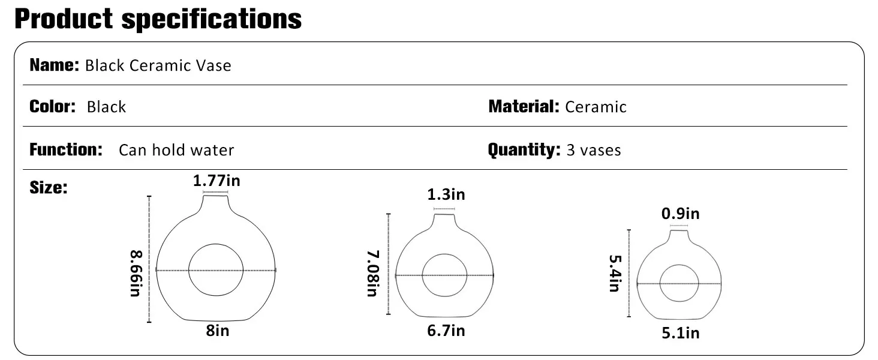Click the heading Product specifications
[x=158, y=19]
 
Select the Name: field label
[x=55, y=65]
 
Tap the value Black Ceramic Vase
[x=158, y=65]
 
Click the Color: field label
[x=53, y=106]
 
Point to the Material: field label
[x=524, y=106]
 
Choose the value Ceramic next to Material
[x=596, y=107]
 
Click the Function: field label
[x=66, y=149]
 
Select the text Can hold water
[x=176, y=150]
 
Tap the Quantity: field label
[x=524, y=150]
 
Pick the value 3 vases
[x=594, y=150]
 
